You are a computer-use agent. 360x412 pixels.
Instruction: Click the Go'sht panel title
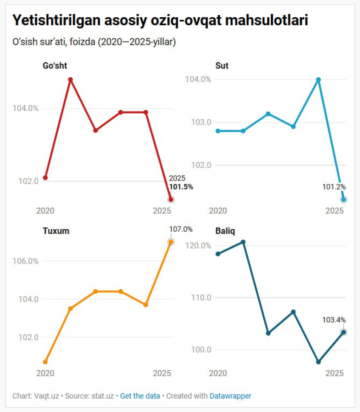click(x=54, y=66)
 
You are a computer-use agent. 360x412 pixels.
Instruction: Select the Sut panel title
click(x=221, y=66)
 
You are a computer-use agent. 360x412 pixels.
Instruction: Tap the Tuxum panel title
click(x=56, y=231)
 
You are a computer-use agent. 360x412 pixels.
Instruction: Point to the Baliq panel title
click(x=225, y=231)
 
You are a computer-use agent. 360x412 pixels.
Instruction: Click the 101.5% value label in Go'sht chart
click(x=181, y=187)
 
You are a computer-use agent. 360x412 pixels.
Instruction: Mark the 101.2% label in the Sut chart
click(x=334, y=187)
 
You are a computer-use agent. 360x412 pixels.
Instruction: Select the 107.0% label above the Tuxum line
click(x=181, y=230)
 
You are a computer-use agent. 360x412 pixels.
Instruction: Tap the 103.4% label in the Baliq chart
click(x=334, y=320)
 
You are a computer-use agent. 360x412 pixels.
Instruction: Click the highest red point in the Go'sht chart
click(x=70, y=80)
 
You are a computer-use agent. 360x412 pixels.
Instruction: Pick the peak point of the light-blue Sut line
click(x=319, y=80)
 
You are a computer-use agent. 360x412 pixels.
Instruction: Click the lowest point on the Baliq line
click(x=319, y=362)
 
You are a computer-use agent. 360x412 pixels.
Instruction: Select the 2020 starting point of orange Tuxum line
click(x=45, y=362)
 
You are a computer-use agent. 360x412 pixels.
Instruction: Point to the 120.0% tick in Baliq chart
click(x=200, y=246)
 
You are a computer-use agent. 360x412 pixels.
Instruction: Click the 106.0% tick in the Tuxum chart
click(x=25, y=261)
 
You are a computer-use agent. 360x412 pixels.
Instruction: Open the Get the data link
click(x=140, y=396)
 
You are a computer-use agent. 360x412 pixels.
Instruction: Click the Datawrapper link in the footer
click(x=230, y=396)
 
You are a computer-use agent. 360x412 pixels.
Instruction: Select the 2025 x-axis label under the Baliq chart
click(x=335, y=374)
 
